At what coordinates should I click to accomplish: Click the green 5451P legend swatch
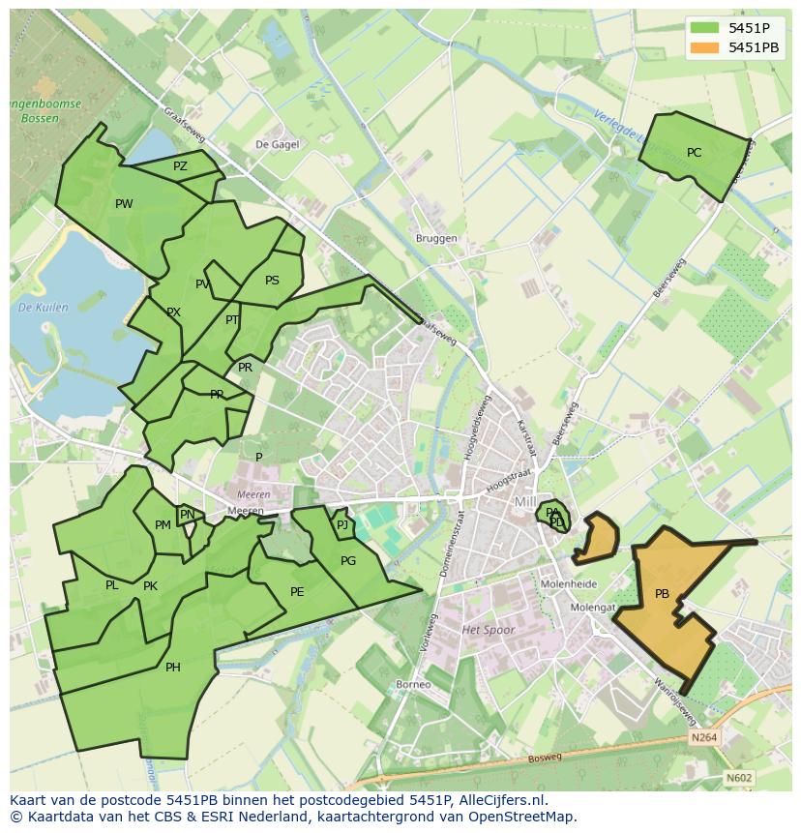(703, 28)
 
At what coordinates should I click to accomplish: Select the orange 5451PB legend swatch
(703, 47)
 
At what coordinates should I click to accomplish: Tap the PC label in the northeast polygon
(694, 153)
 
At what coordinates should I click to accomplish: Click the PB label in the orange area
(662, 594)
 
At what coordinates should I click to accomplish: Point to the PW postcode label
(124, 204)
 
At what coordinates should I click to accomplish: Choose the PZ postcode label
(180, 166)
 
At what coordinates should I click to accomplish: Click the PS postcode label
(272, 282)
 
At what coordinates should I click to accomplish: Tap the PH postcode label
(172, 668)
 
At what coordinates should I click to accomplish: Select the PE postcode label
(297, 592)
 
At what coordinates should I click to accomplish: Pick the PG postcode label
(348, 561)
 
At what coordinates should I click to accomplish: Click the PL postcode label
(112, 585)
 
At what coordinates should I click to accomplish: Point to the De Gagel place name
(277, 144)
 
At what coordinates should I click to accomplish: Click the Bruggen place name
(436, 239)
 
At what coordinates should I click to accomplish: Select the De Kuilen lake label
(44, 308)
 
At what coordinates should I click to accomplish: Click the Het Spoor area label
(489, 630)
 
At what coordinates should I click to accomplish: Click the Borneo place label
(413, 685)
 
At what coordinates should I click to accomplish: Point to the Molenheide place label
(569, 584)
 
